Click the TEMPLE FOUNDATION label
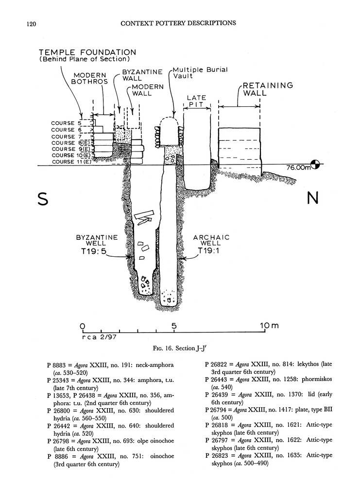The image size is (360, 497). [87, 52]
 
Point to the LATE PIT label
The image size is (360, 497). [197, 100]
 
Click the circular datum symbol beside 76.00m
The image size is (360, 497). [316, 165]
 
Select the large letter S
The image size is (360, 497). [43, 199]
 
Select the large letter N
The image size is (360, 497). [313, 199]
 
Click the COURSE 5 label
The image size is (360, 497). [63, 123]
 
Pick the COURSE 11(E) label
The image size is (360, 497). [71, 162]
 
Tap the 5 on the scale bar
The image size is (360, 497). [174, 326]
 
